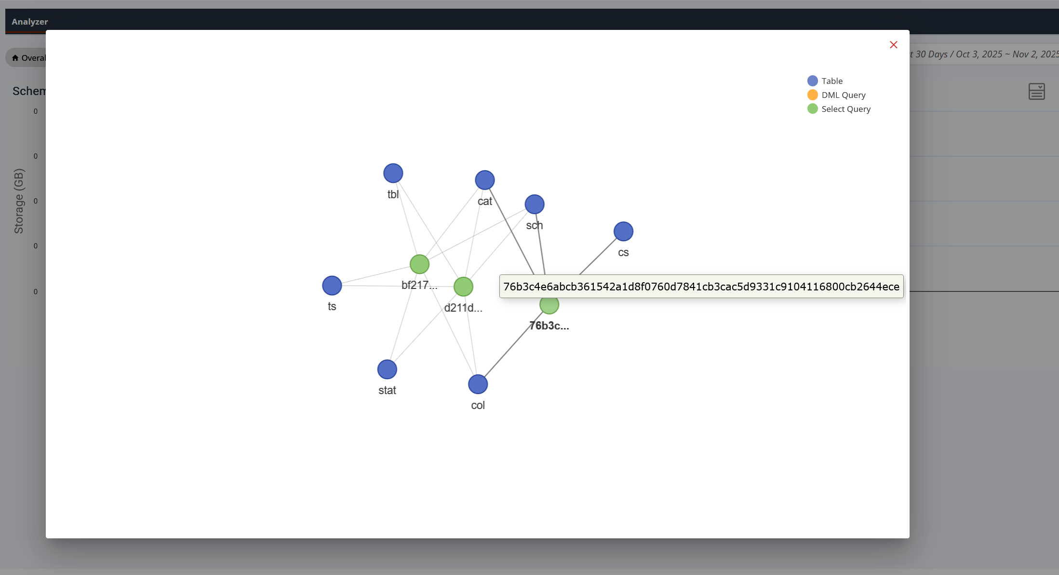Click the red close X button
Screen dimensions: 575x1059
pos(893,45)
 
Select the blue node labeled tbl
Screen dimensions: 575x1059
pos(393,173)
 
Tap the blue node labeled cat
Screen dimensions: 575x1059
pos(484,180)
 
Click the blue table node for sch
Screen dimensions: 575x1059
pos(534,205)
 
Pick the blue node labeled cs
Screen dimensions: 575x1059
pos(623,232)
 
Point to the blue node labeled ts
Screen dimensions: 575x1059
pos(332,286)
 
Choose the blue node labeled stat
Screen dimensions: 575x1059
pos(387,370)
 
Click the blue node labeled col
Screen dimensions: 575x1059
pos(478,384)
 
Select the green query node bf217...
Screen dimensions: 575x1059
pos(419,264)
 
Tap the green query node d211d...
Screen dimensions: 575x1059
pos(463,287)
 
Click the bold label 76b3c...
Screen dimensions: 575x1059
pos(549,326)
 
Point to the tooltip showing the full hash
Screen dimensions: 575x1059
pos(701,287)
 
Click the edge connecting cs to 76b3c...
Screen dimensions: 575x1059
pos(598,256)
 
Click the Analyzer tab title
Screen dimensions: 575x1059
pos(30,22)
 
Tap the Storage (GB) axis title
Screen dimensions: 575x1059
pos(19,201)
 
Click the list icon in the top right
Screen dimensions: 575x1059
pos(1036,92)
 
